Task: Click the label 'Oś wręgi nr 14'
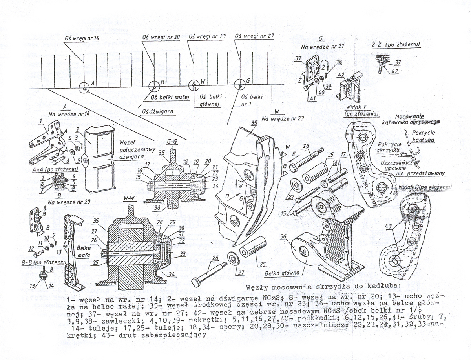[81, 38]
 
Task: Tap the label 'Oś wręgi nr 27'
[254, 36]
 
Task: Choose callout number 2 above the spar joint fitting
[79, 130]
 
